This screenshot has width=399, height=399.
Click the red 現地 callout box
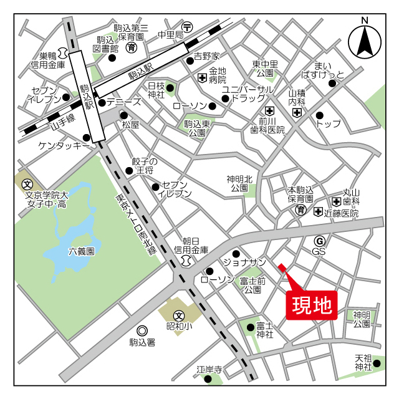312,305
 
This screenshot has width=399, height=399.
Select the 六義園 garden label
81,252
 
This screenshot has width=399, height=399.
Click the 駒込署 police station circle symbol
142,330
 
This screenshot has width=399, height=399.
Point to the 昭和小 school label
179,326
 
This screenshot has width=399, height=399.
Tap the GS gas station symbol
319,241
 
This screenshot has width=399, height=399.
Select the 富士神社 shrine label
265,330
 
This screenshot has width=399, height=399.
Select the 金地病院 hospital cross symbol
202,78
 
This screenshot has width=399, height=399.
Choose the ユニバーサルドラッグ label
248,94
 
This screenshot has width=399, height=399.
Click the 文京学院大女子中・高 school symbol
27,184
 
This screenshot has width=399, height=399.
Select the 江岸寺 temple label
209,369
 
